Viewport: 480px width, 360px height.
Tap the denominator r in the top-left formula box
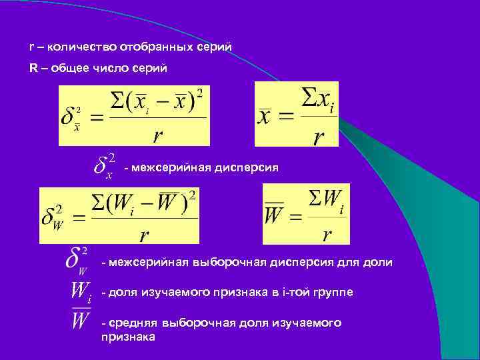[157, 135]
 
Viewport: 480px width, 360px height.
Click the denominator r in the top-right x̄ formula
[319, 137]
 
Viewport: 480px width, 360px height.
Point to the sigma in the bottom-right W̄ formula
[316, 198]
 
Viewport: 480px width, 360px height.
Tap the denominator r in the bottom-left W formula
[143, 235]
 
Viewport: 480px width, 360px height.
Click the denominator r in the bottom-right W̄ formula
[327, 235]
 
